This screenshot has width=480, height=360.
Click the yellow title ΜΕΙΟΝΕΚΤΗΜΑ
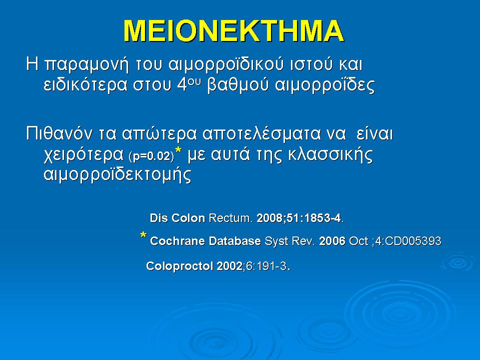(233, 31)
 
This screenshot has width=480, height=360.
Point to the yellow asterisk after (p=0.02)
(178, 152)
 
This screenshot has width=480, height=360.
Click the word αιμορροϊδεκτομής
(115, 175)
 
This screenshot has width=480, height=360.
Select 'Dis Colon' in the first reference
(177, 218)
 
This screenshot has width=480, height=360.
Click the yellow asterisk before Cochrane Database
(143, 236)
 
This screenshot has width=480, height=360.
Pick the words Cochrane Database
(205, 241)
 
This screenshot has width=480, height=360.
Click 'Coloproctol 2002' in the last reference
(194, 266)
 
